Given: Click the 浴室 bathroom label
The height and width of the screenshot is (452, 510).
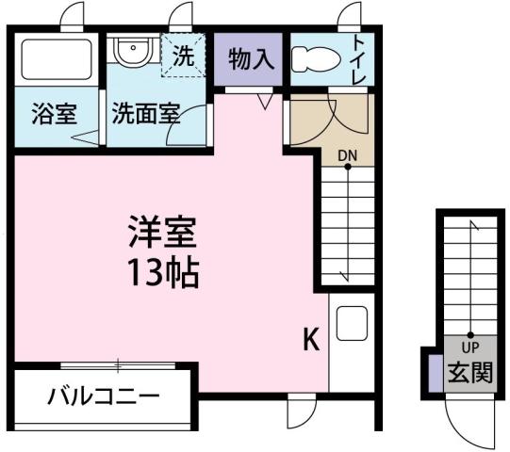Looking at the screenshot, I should [53, 116].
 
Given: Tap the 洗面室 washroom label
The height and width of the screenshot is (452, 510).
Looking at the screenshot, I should [146, 116].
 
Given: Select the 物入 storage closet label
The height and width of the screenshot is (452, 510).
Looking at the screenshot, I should [250, 58].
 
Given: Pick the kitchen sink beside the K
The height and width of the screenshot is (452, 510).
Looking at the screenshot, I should [351, 324].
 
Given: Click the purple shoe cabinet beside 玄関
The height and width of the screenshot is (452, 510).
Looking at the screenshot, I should [435, 370].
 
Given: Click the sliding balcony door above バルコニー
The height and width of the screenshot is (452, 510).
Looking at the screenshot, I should [118, 364].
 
